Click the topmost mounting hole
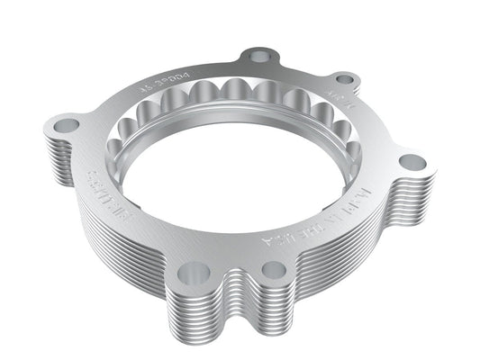coord(259,57)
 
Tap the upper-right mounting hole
coord(344,80)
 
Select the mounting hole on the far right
coord(412,163)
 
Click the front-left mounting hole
coord(192,271)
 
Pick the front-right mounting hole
coord(271,268)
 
